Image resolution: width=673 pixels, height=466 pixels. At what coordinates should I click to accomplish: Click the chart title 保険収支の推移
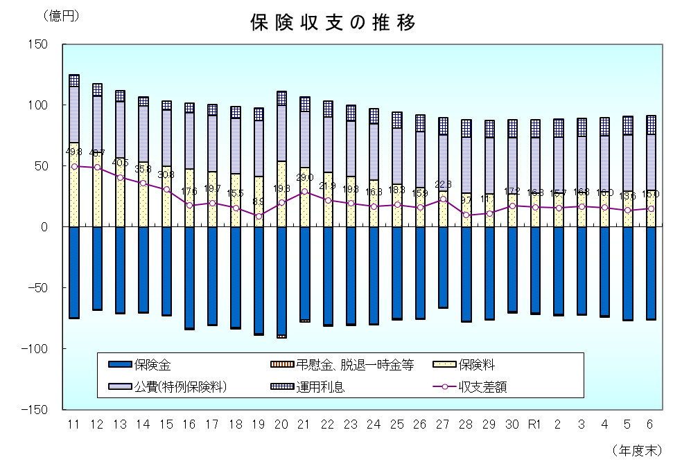333,23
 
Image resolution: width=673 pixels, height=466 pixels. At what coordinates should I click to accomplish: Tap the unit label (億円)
60,16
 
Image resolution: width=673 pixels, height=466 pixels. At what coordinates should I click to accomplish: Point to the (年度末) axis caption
636,450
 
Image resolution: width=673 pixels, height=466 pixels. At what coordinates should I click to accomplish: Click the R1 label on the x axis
535,424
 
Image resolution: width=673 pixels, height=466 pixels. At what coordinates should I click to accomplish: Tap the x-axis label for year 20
281,424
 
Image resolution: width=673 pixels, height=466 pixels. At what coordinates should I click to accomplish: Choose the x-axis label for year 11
74,424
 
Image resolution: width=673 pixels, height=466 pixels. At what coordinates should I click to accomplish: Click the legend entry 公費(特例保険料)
180,387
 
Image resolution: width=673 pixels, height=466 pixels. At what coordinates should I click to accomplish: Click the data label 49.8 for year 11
73,152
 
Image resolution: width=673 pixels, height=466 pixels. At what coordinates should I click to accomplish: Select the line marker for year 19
259,216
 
